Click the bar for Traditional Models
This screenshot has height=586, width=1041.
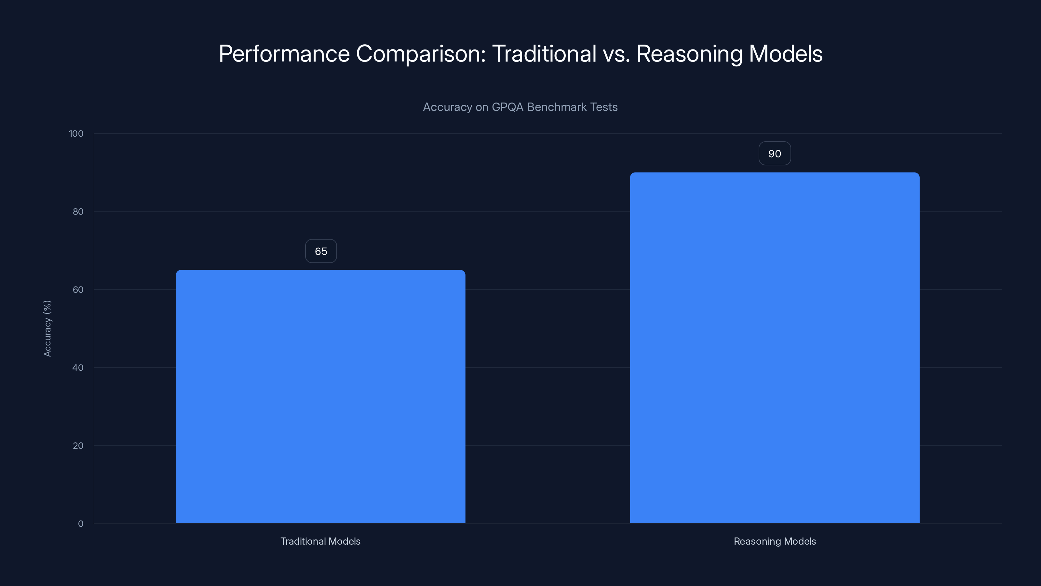point(320,396)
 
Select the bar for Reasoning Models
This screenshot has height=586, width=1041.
point(774,348)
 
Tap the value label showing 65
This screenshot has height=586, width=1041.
point(321,251)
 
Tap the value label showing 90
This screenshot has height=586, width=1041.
point(774,154)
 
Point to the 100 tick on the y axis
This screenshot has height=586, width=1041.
point(76,133)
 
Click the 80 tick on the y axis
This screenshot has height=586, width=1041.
point(78,212)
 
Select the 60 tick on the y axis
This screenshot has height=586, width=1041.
point(78,289)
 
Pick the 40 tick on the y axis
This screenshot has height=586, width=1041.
point(78,368)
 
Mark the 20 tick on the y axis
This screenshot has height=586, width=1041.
point(78,446)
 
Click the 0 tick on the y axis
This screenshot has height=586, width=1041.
point(80,524)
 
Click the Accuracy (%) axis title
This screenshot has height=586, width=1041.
point(47,328)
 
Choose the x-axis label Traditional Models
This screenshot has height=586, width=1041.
point(320,541)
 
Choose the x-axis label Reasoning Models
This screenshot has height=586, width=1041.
point(774,541)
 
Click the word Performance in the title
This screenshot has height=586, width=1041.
point(284,54)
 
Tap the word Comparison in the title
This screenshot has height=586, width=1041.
point(421,54)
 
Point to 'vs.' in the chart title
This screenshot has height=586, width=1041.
point(616,54)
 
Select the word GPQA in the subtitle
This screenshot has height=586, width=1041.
point(507,107)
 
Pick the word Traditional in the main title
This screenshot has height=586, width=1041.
point(544,54)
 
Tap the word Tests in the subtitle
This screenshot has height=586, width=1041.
point(604,107)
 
